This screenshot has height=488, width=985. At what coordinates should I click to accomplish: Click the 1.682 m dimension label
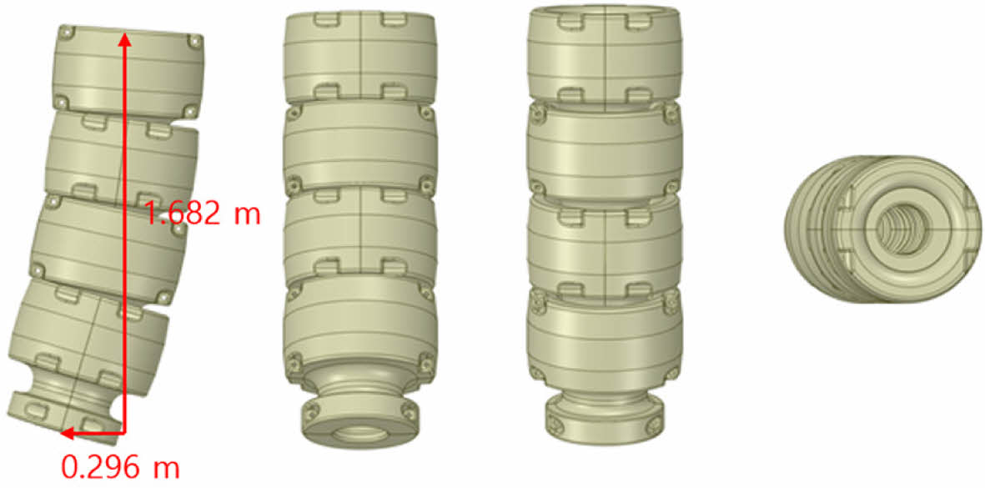[203, 214]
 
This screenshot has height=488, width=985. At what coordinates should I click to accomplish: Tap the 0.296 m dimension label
[121, 467]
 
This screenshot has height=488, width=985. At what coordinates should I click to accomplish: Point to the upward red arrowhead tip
[125, 33]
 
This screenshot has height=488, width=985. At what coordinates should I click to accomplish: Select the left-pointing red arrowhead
[68, 433]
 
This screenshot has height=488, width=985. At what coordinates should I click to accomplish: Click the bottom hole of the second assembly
[360, 433]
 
